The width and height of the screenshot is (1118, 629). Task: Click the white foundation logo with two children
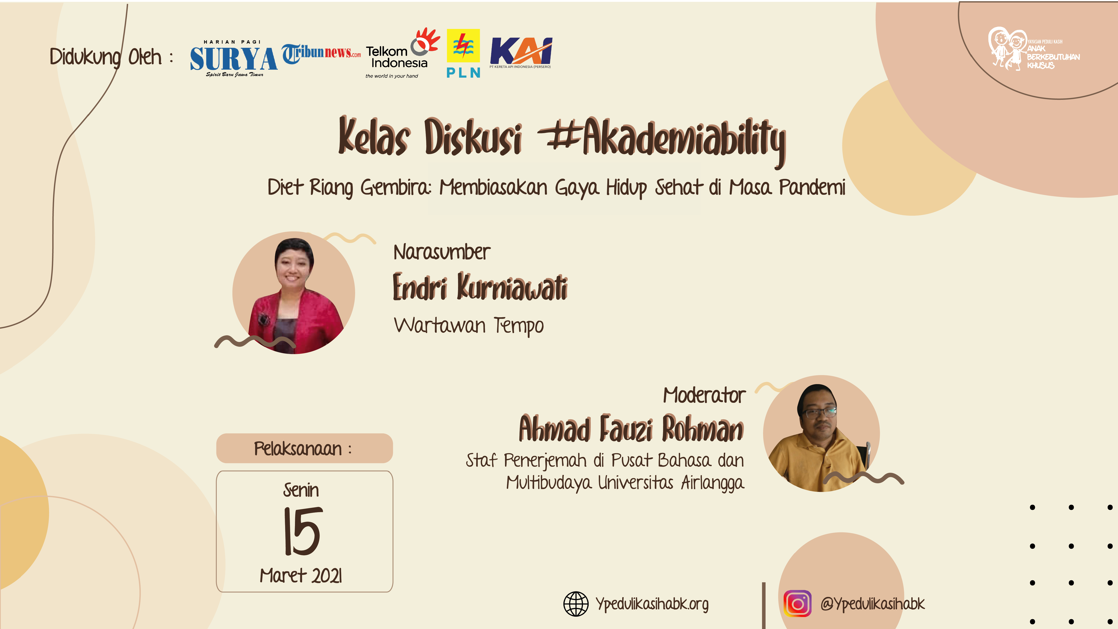coord(1034,49)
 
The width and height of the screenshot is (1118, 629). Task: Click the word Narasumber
coord(442,252)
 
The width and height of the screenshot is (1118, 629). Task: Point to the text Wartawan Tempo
coord(469,326)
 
